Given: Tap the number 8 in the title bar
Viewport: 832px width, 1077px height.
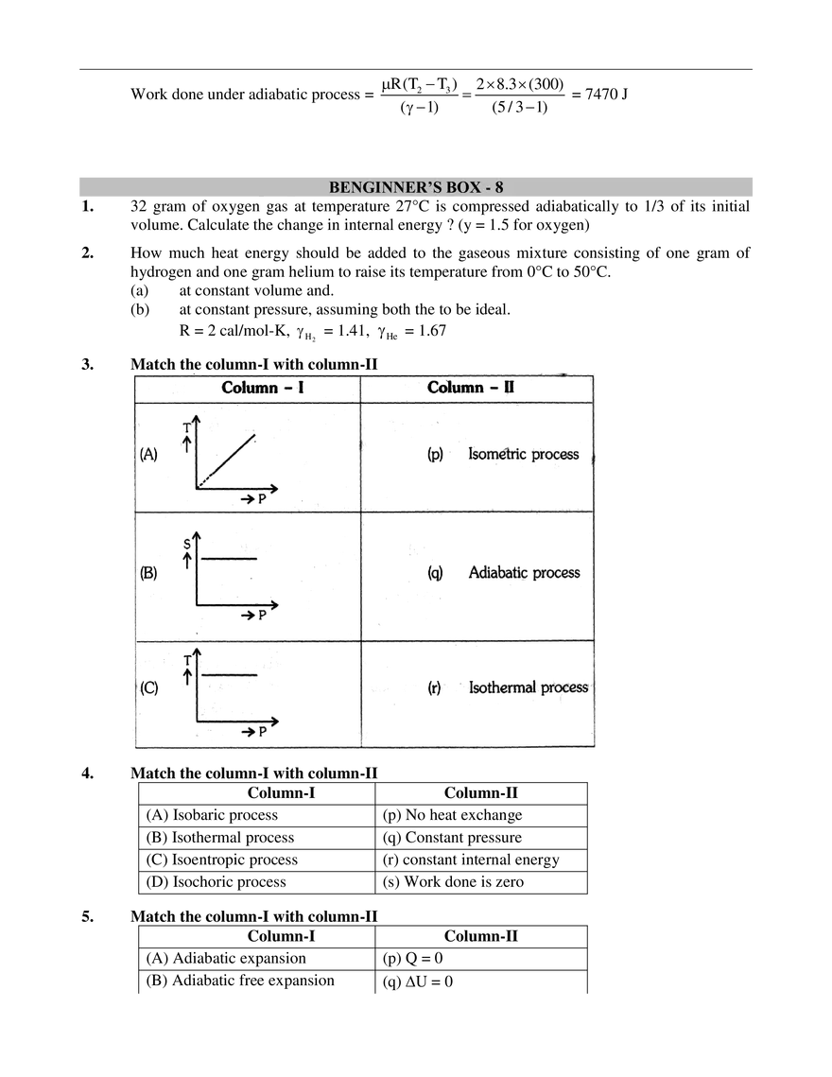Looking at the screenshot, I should [498, 187].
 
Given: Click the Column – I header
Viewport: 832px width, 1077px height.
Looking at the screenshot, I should [262, 388].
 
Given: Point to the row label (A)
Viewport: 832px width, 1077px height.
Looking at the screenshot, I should [148, 454].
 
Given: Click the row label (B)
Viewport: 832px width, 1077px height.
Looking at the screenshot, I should [148, 572].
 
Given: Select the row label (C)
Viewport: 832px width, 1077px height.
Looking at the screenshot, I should [148, 688].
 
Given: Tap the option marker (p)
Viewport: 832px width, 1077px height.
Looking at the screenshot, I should [435, 455].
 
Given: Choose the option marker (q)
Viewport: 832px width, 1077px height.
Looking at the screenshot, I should [435, 573].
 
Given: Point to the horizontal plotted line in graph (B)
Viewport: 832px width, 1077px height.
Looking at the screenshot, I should [227, 556].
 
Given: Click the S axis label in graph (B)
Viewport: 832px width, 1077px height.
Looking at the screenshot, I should [188, 544].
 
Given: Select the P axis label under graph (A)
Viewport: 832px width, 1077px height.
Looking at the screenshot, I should [261, 498].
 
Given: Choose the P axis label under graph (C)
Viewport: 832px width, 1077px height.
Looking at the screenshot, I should [263, 732].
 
